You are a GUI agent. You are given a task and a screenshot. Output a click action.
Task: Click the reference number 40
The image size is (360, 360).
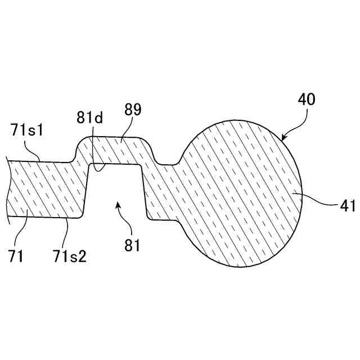click(307, 100)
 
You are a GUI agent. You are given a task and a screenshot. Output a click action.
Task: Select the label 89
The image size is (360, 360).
click(133, 110)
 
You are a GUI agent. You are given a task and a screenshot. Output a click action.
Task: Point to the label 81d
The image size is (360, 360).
click(90, 119)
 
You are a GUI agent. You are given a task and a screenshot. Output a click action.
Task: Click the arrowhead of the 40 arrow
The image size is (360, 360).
click(283, 137)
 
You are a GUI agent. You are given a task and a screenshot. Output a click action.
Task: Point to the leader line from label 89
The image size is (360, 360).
click(124, 129)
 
